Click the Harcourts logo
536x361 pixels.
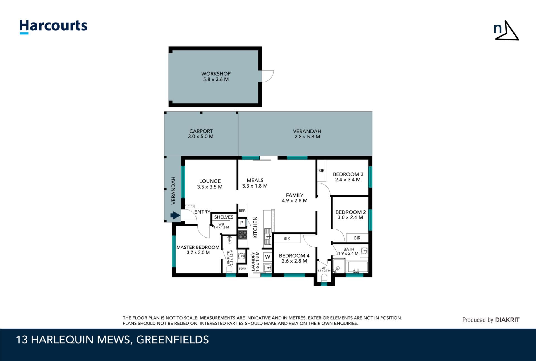pyautogui.click(x=53, y=27)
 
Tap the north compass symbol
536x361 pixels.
pyautogui.click(x=506, y=31)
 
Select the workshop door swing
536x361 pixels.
pyautogui.click(x=267, y=76)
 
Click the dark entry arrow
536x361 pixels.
pyautogui.click(x=175, y=215)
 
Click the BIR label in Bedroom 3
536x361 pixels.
pyautogui.click(x=321, y=171)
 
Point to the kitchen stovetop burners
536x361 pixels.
pyautogui.click(x=243, y=235)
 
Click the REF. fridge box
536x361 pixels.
pyautogui.click(x=242, y=211)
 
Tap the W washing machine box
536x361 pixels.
pyautogui.click(x=268, y=257)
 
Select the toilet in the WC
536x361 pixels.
pyautogui.click(x=324, y=278)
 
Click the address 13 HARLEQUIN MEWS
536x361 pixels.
pyautogui.click(x=73, y=340)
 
